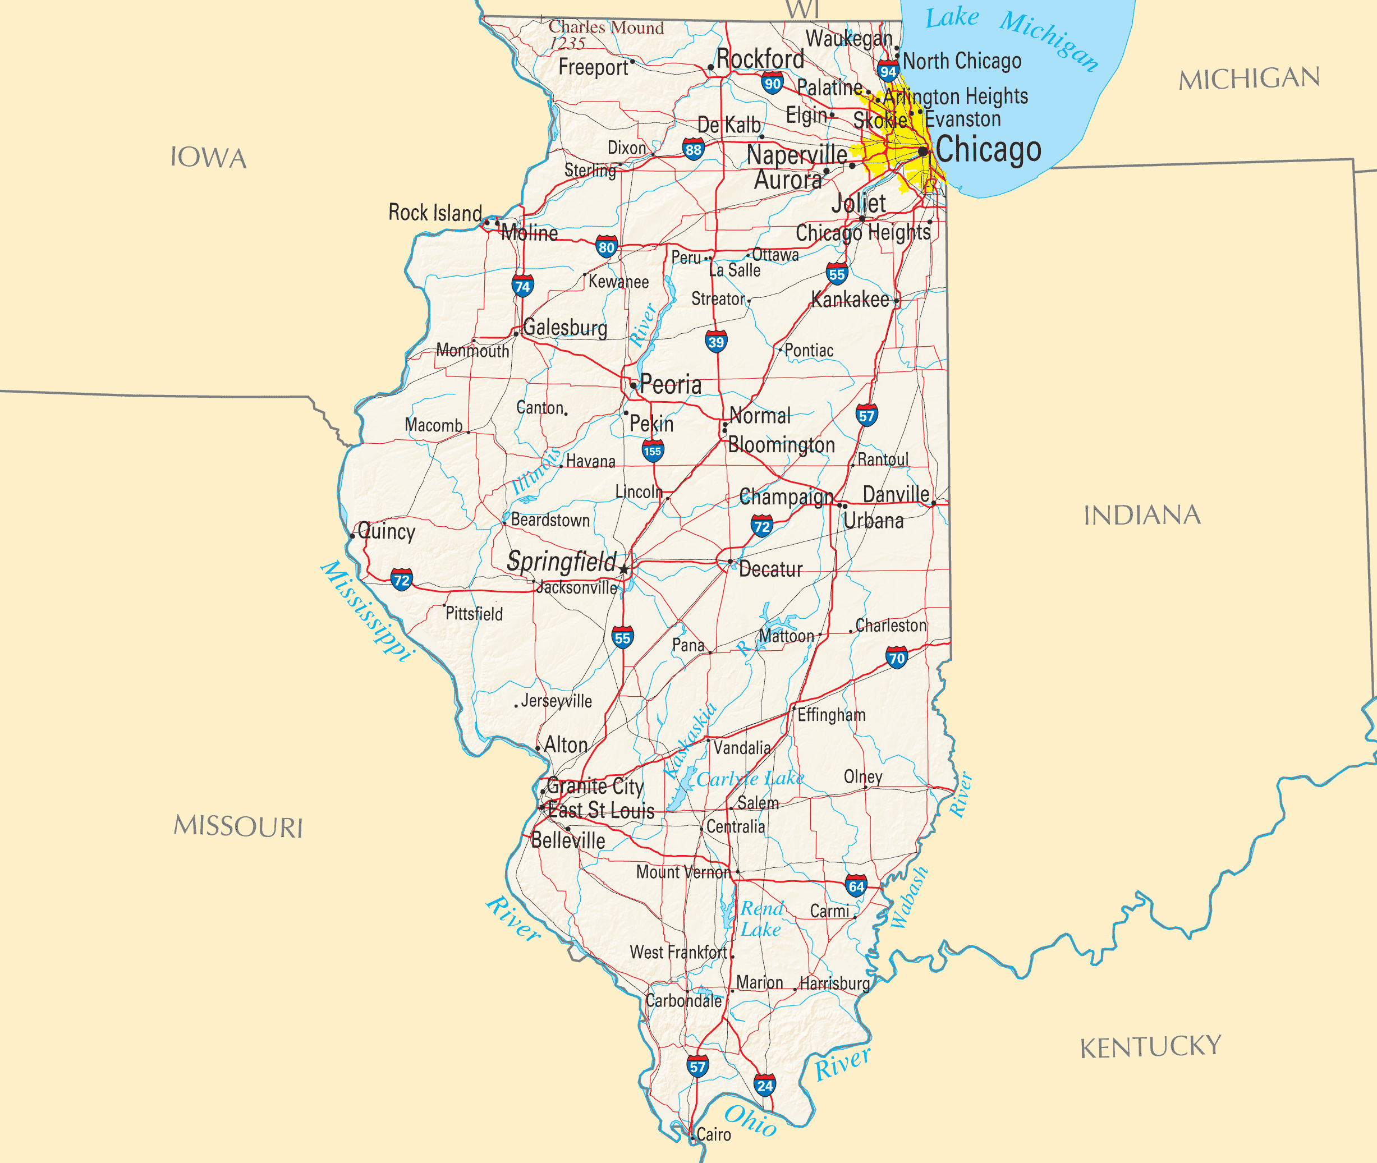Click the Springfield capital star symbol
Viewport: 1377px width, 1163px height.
624,569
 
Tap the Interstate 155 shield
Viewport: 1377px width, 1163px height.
652,451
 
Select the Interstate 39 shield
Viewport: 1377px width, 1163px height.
715,342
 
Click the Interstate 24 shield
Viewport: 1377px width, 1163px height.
764,1085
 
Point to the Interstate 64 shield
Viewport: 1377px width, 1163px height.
856,886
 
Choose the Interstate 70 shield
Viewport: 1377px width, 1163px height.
896,658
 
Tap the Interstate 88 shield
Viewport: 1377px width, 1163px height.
693,150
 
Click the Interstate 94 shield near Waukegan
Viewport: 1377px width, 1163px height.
888,71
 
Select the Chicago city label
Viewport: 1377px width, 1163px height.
988,150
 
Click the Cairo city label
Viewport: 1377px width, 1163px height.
714,1134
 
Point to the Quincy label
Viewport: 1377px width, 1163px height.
387,531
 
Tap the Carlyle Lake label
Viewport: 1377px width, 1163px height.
750,779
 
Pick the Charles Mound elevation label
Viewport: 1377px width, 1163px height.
605,35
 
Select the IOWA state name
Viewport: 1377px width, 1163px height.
208,158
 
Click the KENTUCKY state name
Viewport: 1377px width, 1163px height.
1150,1046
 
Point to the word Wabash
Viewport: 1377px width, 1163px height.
909,898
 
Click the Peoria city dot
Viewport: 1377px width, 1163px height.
633,385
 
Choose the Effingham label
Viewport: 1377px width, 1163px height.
831,715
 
